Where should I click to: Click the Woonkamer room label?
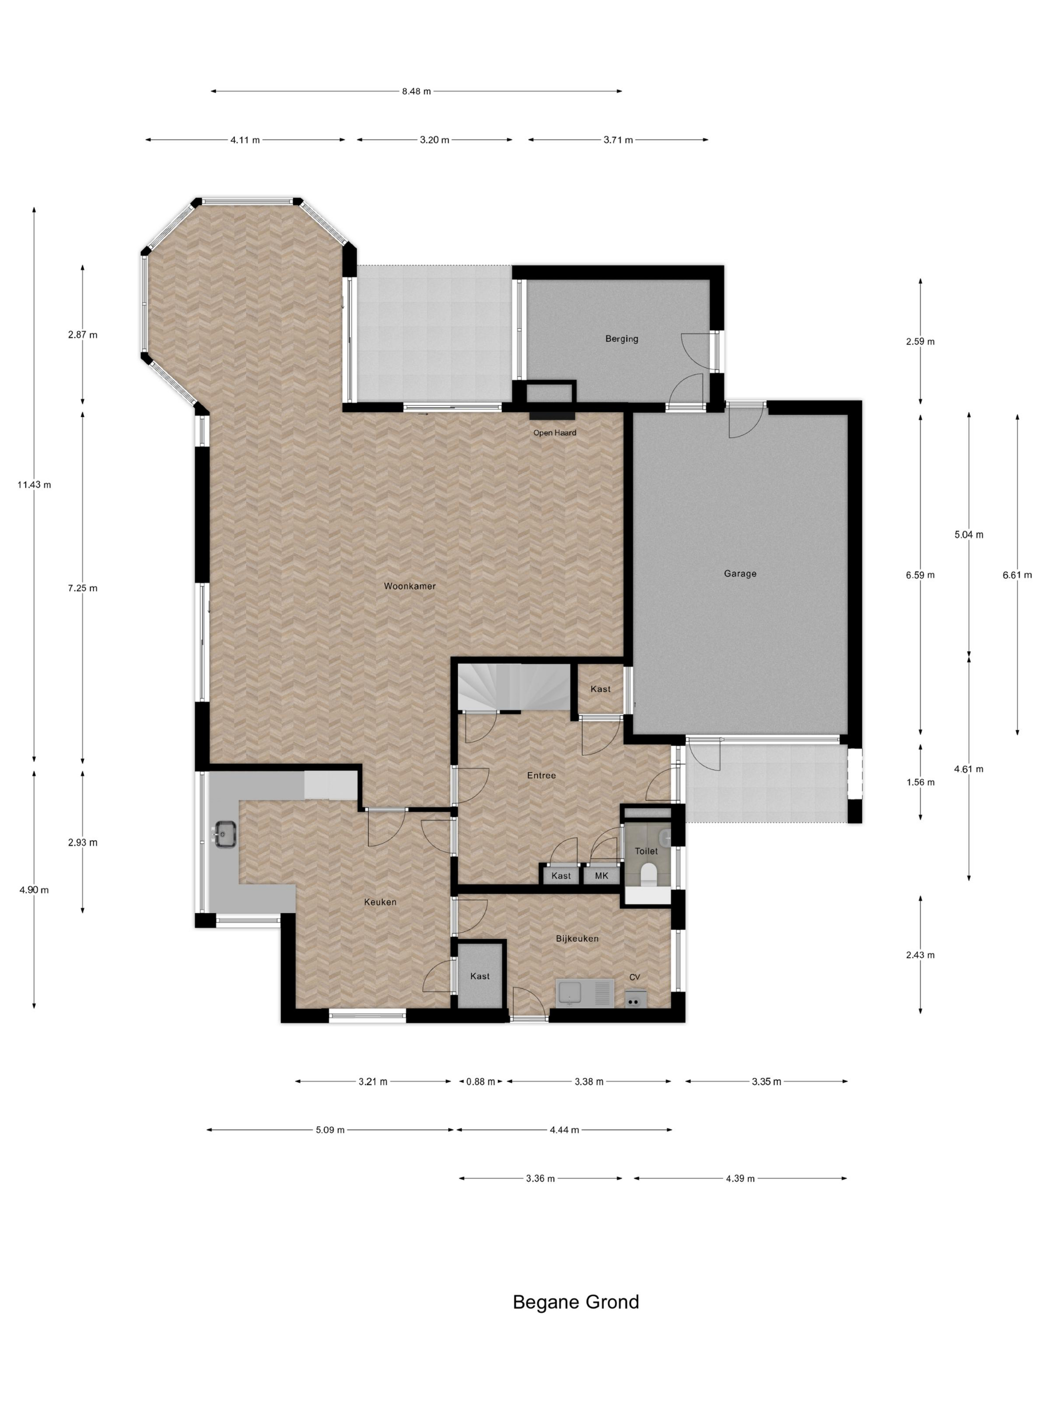[x=409, y=586]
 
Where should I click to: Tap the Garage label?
[x=740, y=574]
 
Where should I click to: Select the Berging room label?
[x=621, y=339]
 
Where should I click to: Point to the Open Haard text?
[x=554, y=433]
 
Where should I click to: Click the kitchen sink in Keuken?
[x=224, y=834]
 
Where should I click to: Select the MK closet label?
[x=601, y=876]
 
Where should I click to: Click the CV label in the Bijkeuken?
[x=634, y=977]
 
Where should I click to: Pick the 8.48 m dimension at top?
[x=416, y=91]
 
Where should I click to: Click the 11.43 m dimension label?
[x=34, y=485]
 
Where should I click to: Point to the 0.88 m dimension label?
[x=480, y=1082]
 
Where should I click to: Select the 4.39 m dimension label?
[x=740, y=1179]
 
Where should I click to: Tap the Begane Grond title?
[x=575, y=1302]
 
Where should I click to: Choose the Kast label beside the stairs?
[x=600, y=689]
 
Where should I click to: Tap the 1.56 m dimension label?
[x=919, y=782]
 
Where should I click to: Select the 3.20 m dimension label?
[x=434, y=140]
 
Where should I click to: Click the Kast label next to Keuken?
[x=479, y=976]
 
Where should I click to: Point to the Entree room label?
[x=541, y=775]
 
